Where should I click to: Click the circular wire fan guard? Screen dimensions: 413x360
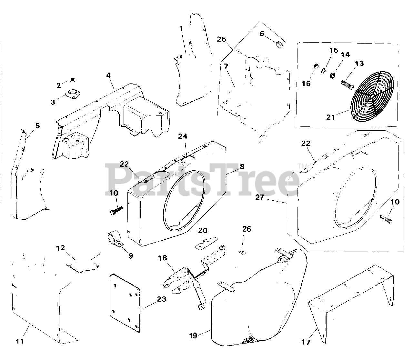click(x=372, y=97)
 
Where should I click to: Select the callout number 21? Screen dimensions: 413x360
click(x=331, y=117)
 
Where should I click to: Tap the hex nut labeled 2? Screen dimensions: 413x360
click(x=73, y=80)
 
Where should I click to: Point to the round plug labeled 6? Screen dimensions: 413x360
click(x=279, y=44)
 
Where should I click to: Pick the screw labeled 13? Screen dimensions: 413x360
click(x=347, y=85)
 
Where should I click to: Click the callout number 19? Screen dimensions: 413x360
click(x=193, y=335)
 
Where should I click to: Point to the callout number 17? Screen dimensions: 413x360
click(x=306, y=342)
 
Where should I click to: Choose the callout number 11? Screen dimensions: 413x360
click(x=20, y=341)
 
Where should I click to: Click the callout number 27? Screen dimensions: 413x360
click(x=260, y=197)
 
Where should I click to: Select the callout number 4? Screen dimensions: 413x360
click(x=108, y=75)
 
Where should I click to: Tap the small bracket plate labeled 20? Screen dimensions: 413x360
click(x=206, y=243)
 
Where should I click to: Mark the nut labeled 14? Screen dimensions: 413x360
click(x=333, y=76)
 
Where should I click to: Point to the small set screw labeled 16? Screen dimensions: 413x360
click(x=316, y=65)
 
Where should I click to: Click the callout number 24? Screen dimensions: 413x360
click(x=183, y=136)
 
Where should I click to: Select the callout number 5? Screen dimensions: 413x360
click(x=37, y=125)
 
